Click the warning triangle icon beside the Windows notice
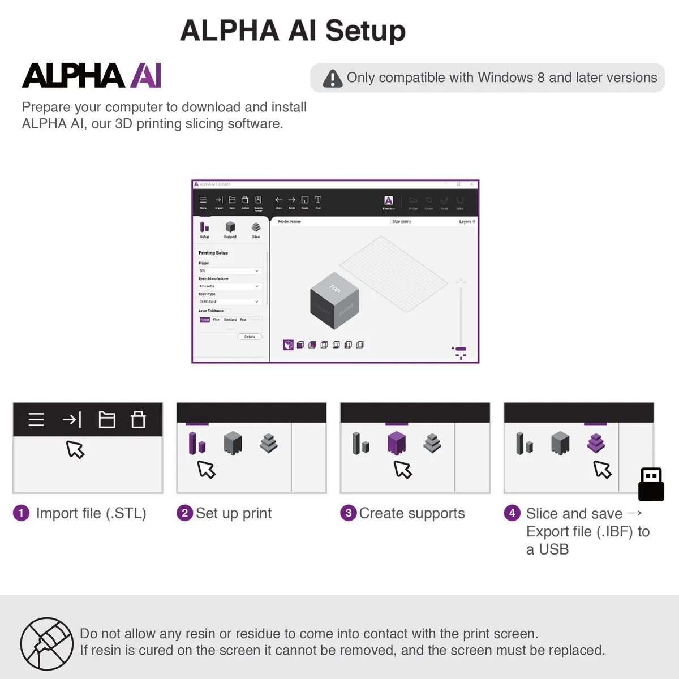click(333, 79)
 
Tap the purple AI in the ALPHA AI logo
click(146, 76)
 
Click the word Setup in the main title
click(365, 31)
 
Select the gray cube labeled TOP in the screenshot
click(334, 302)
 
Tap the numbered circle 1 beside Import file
click(21, 513)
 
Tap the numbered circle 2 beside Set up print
click(184, 513)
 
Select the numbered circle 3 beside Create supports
click(348, 513)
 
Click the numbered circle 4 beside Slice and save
click(512, 513)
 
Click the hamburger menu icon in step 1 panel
click(36, 419)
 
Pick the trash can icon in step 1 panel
click(138, 419)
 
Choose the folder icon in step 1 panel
click(107, 419)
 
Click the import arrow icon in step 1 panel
click(72, 419)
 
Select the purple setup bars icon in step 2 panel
click(197, 443)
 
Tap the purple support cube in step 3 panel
click(397, 443)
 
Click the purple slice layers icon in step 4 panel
click(596, 443)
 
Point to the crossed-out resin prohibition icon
click(47, 643)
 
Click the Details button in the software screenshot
click(250, 337)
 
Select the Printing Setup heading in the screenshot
click(213, 253)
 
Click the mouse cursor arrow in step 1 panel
click(75, 449)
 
